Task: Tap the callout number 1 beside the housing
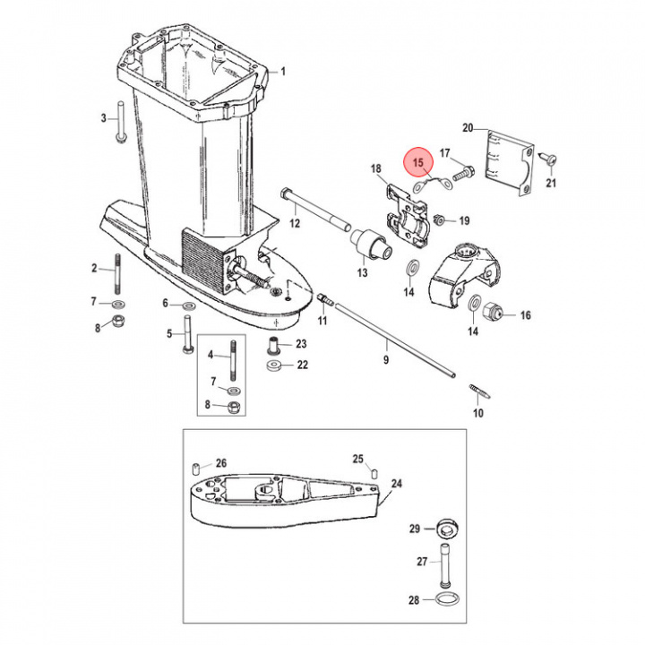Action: click(283, 71)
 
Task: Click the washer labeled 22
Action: click(275, 365)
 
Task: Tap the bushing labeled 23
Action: click(275, 345)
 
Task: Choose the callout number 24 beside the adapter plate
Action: click(397, 484)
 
